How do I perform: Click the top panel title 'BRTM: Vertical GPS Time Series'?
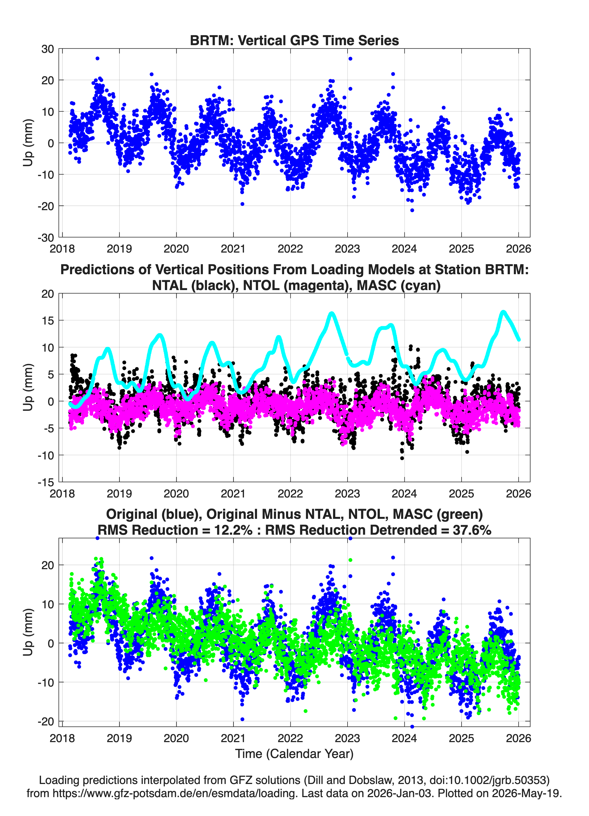[294, 40]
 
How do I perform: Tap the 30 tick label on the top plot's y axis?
[48, 49]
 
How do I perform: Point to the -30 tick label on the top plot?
[45, 238]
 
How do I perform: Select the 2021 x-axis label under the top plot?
[233, 249]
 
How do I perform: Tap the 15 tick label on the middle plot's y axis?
[48, 320]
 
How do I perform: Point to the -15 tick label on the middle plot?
[45, 482]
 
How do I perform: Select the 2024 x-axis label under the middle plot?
[404, 493]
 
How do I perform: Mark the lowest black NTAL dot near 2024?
[402, 458]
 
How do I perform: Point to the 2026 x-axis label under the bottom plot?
[518, 738]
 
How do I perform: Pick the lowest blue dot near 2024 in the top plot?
[412, 210]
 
